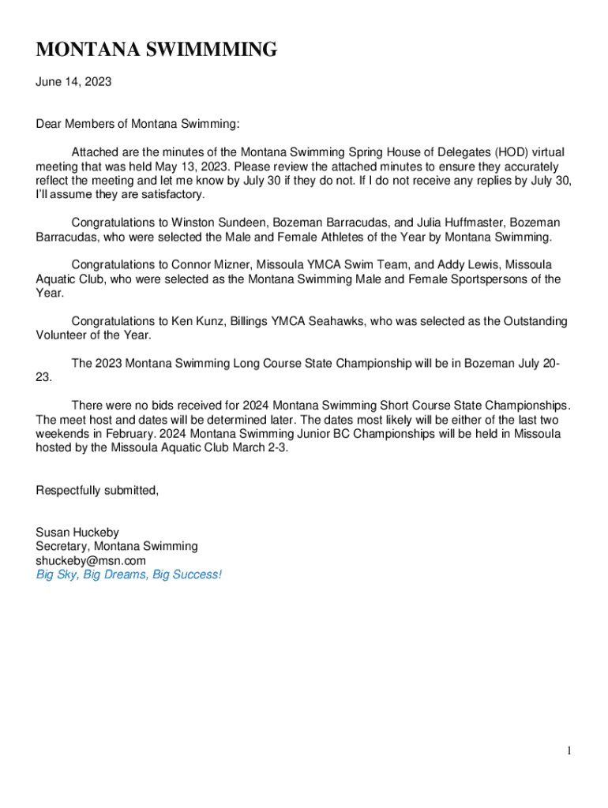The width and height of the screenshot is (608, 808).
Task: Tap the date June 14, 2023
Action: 73,80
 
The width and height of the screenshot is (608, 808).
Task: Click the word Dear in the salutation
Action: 49,124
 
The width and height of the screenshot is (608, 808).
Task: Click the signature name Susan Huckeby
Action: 77,533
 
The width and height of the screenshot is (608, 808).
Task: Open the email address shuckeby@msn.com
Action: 91,561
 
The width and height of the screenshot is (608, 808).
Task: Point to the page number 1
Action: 569,751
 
